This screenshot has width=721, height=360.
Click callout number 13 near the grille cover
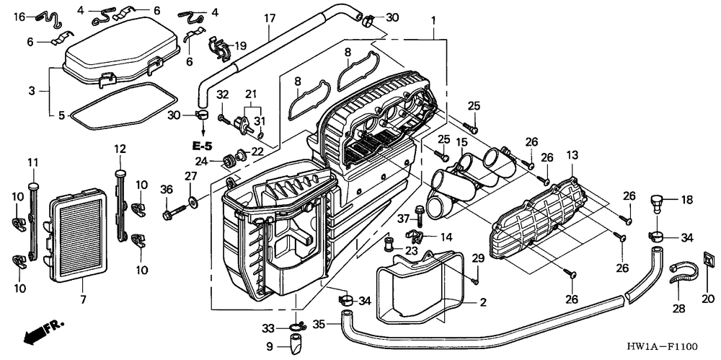(x=572, y=155)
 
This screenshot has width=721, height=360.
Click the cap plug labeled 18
(x=658, y=202)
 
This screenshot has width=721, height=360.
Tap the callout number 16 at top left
(x=19, y=17)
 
